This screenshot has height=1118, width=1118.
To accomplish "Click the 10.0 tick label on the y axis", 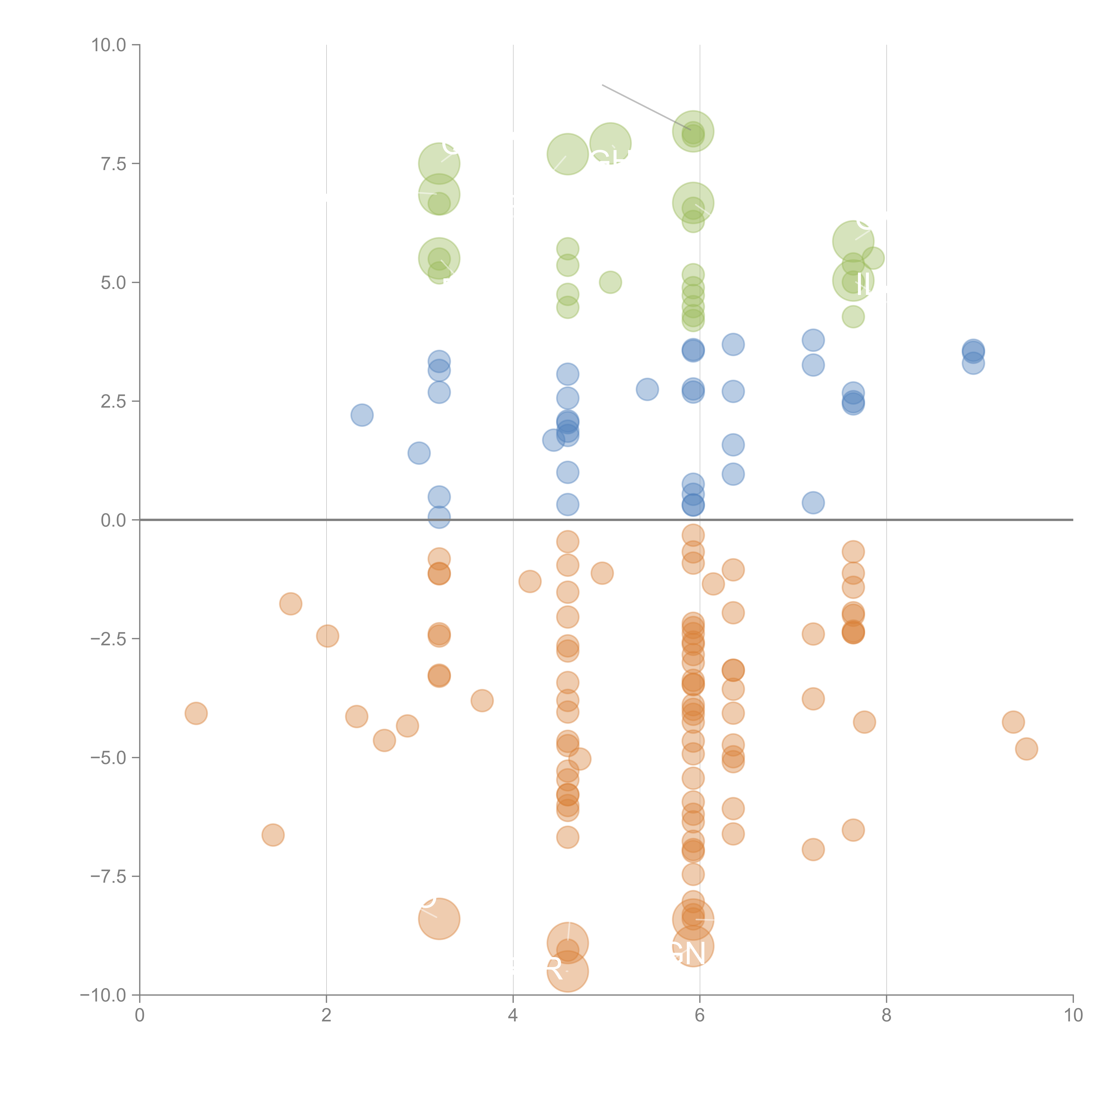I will [109, 45].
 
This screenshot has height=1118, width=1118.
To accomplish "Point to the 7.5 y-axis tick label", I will [113, 164].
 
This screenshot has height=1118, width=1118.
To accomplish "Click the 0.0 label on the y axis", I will [113, 520].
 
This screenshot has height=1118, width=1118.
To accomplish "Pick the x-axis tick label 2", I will [326, 1015].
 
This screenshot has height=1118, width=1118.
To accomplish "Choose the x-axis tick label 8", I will [887, 1015].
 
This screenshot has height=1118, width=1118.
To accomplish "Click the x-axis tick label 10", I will [1073, 1015].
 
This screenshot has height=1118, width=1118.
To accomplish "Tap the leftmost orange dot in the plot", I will [196, 714].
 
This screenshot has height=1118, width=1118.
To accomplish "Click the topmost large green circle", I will [693, 131].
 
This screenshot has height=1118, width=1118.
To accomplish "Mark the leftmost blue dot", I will [362, 415].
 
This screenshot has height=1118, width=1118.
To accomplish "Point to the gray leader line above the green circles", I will [646, 108].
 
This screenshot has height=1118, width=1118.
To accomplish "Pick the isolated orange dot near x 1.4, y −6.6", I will [273, 835].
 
